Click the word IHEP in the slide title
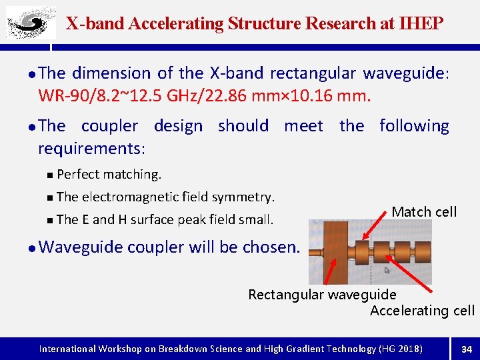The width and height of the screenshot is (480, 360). coord(421,24)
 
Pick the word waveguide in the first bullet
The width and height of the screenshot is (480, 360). coord(402,73)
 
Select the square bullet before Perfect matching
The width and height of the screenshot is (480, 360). coord(51,175)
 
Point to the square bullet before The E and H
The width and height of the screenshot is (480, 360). coord(51,220)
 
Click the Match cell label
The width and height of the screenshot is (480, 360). coord(424,212)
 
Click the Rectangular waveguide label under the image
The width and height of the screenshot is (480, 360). coord(322,295)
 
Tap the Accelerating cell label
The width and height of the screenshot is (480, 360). coord(422,311)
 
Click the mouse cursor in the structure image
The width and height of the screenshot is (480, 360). coord(387,271)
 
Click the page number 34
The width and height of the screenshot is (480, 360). coord(466,349)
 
